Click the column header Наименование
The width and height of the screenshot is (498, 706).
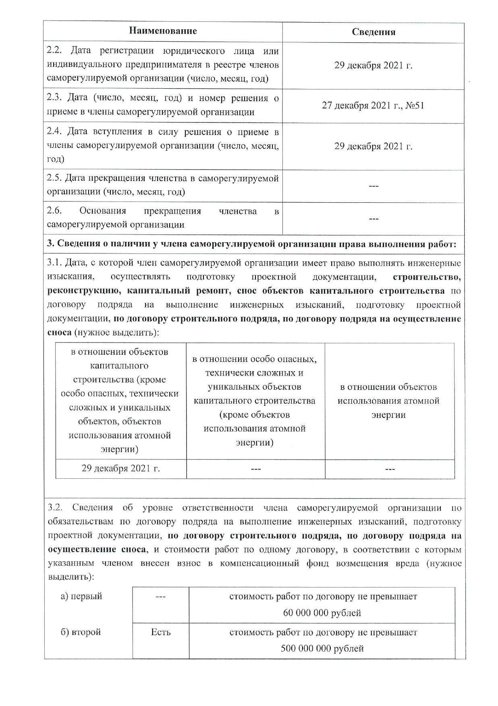(x=163, y=31)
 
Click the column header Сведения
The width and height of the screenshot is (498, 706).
(x=373, y=32)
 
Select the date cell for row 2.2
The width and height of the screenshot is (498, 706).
(x=373, y=66)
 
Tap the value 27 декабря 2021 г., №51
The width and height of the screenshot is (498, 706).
(x=373, y=106)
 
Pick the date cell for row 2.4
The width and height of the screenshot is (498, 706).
(x=373, y=146)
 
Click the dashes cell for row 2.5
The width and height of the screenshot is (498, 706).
(x=373, y=186)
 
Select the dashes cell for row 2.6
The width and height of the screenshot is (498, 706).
(x=373, y=219)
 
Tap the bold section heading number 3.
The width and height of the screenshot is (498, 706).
(x=50, y=244)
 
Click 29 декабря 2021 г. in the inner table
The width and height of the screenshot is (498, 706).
(x=121, y=469)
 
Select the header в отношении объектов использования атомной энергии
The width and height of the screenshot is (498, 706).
(x=389, y=401)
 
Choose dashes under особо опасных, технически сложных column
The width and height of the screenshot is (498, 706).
(x=255, y=469)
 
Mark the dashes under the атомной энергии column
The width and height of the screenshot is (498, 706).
(x=390, y=469)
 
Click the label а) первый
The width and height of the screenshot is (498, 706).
(x=81, y=596)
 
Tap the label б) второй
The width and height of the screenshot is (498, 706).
(x=81, y=632)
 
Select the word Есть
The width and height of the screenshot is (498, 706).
(x=161, y=632)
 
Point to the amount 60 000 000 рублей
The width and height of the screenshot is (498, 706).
(x=322, y=613)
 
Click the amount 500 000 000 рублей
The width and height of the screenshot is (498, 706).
(x=322, y=648)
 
